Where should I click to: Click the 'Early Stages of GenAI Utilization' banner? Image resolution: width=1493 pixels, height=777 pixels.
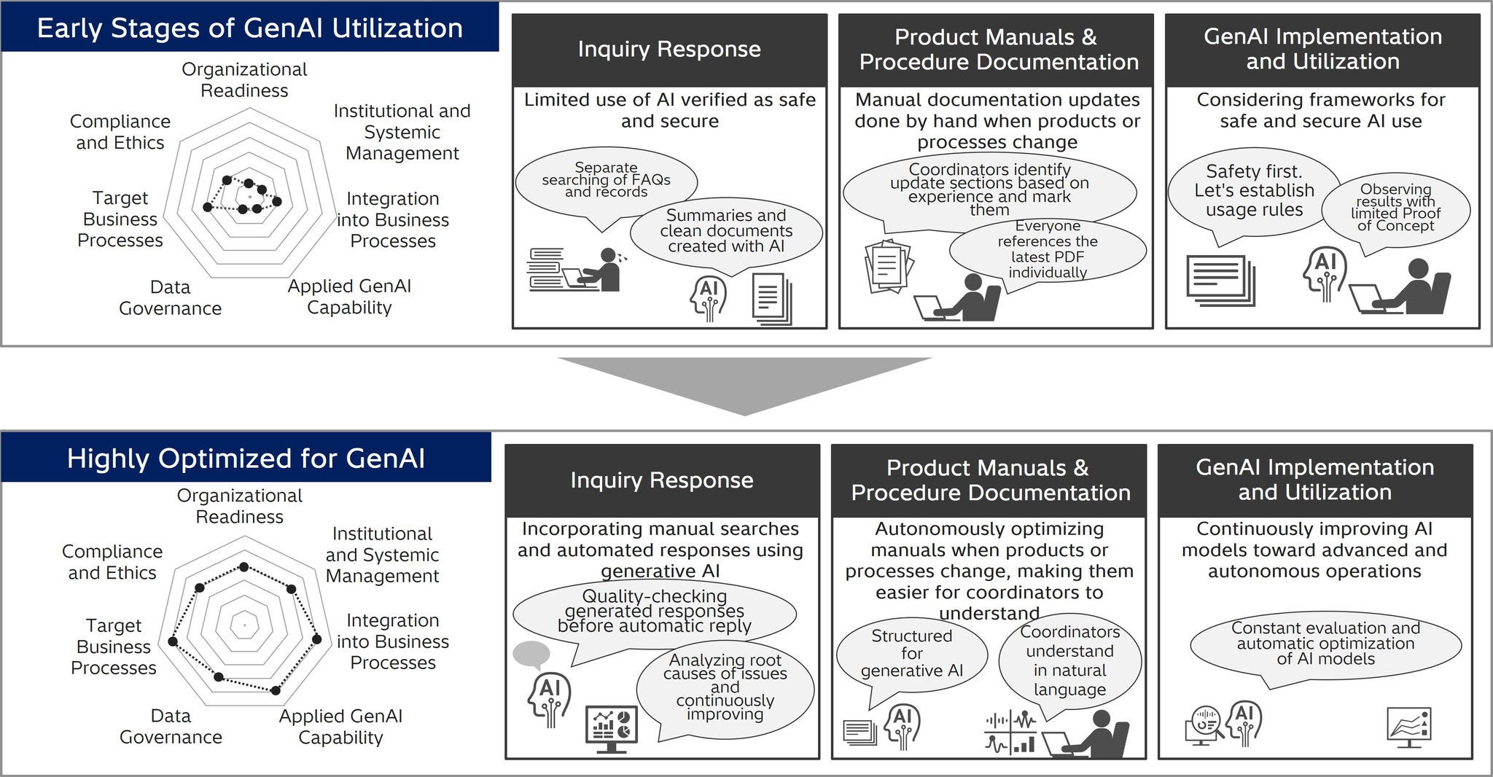[x=249, y=28]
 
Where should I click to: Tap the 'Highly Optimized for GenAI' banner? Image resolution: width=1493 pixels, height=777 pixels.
[x=246, y=458]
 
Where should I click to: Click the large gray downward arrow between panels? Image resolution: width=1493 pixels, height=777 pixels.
[x=744, y=383]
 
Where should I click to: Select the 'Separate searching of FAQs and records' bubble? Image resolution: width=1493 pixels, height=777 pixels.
[x=605, y=180]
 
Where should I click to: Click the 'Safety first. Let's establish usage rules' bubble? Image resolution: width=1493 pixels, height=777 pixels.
[x=1253, y=191]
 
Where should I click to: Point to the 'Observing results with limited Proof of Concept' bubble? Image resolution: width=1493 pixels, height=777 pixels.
[x=1395, y=208]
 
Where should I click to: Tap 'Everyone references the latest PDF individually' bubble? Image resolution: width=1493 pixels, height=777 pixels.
[x=1047, y=249]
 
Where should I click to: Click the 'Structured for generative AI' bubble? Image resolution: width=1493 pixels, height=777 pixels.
[x=911, y=653]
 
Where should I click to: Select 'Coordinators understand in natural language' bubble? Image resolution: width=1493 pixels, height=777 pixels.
[x=1069, y=660]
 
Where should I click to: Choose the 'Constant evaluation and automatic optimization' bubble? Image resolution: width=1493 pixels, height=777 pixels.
[x=1325, y=644]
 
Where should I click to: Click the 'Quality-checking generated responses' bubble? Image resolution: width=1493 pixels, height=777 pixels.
[x=654, y=611]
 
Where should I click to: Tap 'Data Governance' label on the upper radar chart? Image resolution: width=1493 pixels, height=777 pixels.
[x=170, y=297]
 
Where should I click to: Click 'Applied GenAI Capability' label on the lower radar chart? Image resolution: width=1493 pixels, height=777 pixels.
[x=340, y=726]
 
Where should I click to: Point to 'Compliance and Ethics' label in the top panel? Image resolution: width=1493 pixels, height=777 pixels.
[x=120, y=132]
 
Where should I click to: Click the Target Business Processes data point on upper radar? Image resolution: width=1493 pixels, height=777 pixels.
[x=207, y=208]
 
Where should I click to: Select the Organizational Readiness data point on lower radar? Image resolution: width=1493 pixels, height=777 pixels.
[x=244, y=566]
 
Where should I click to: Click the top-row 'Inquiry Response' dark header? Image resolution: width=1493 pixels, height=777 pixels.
[x=669, y=50]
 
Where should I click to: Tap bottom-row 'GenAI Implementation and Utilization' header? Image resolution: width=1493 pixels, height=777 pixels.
[x=1314, y=480]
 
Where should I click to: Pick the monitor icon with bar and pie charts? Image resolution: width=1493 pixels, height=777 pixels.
[x=611, y=726]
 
